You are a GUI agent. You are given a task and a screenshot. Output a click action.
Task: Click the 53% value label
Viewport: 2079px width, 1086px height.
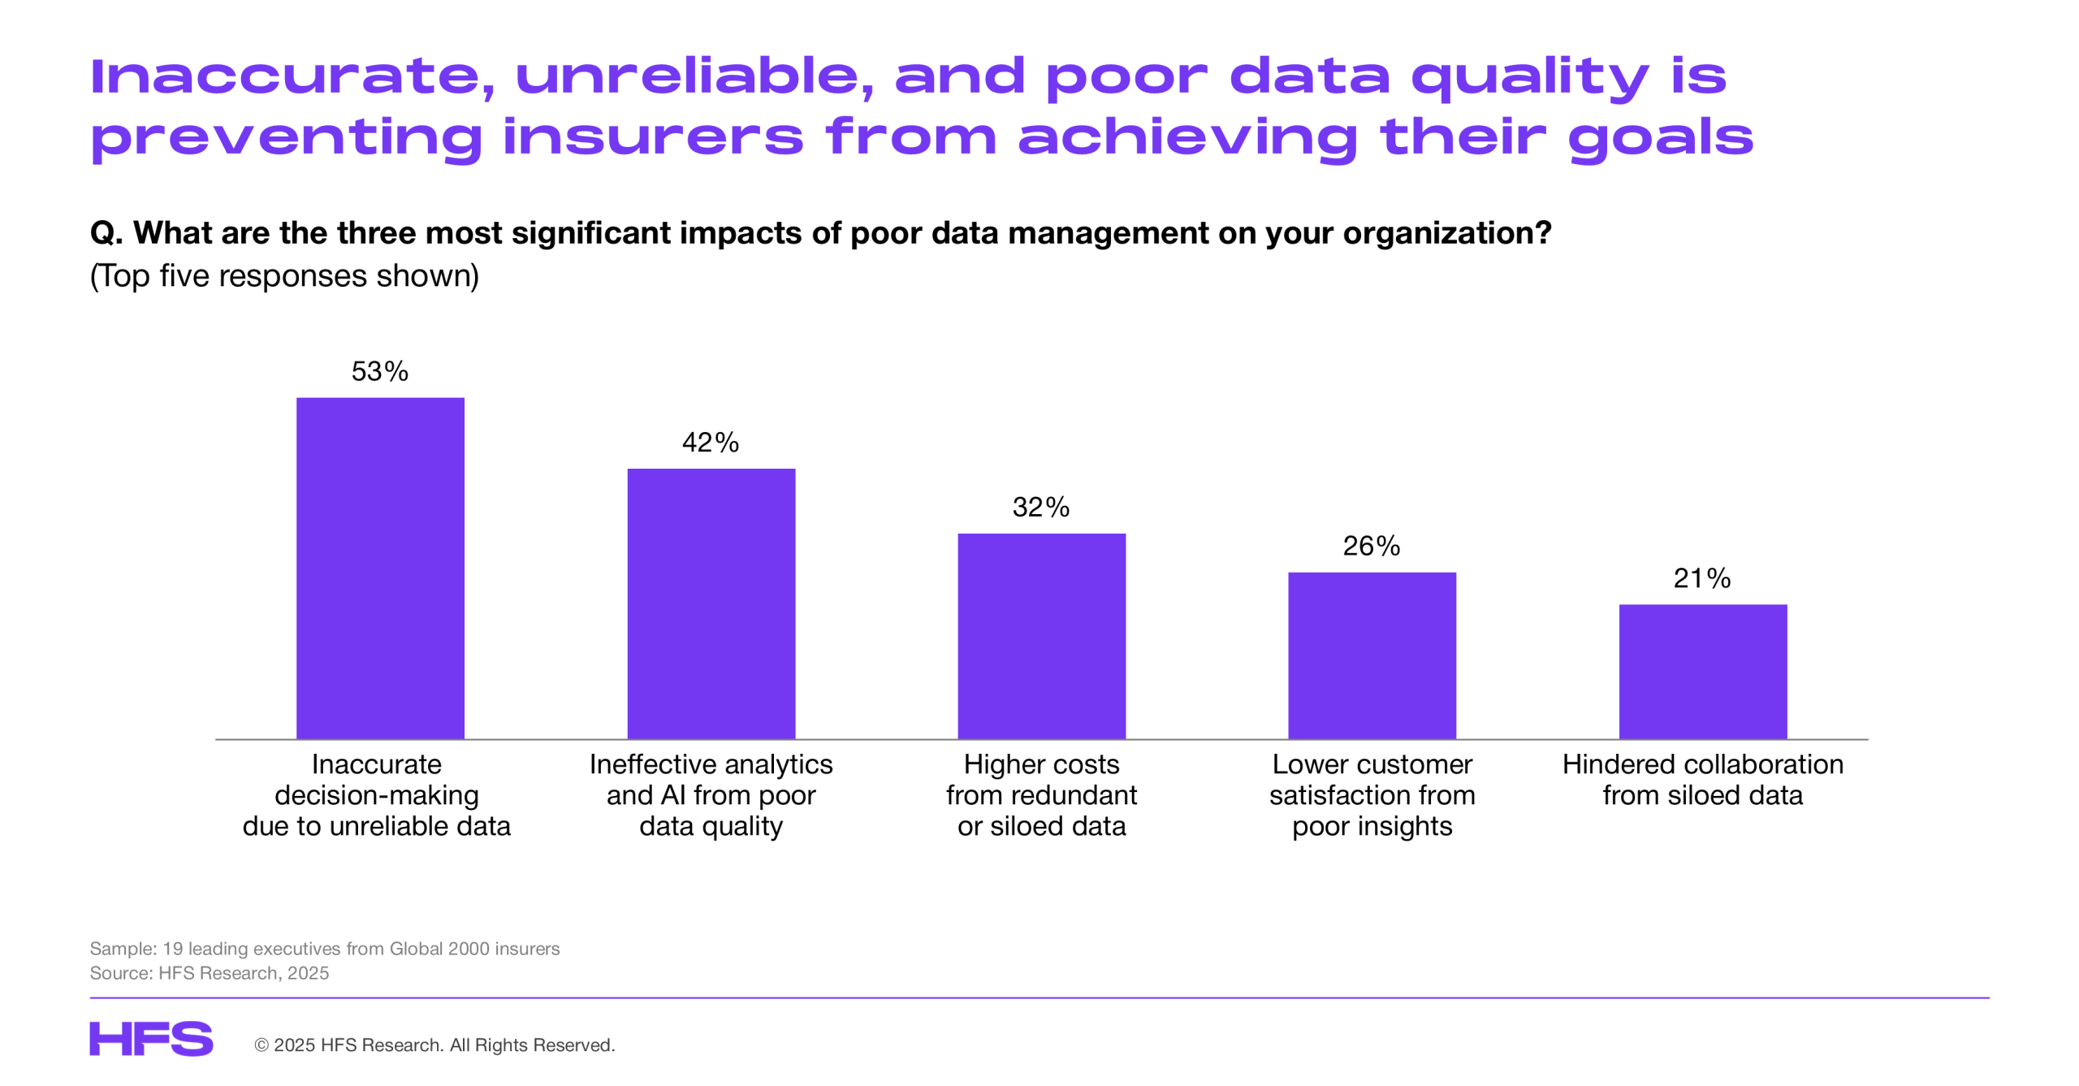coord(379,371)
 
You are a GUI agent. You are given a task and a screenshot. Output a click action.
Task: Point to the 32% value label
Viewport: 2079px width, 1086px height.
coord(1040,507)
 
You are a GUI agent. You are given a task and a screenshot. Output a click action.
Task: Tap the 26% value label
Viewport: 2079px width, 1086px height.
coord(1371,546)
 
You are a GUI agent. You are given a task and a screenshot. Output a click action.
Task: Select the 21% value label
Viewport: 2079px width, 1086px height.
coord(1701,578)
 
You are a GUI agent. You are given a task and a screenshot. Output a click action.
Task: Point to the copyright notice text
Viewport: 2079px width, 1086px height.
coord(434,1045)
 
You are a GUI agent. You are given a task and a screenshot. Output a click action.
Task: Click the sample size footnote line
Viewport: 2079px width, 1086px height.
coord(324,948)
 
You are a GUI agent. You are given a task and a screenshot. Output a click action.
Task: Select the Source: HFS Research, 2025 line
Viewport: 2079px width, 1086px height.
coord(209,972)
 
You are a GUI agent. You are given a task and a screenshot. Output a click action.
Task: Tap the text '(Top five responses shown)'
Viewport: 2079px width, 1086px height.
coord(284,276)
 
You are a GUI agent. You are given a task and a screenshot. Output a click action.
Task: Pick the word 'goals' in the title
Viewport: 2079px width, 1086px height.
coord(1661,138)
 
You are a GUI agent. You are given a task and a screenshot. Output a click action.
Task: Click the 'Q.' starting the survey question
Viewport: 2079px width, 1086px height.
coord(106,233)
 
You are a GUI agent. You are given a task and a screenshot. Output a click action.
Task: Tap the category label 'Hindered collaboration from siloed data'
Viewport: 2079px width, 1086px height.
coord(1702,779)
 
